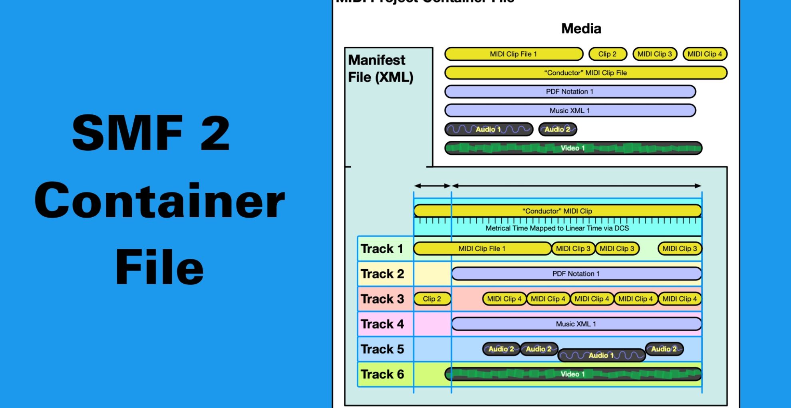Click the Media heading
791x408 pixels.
pyautogui.click(x=581, y=29)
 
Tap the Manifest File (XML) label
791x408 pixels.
pyautogui.click(x=380, y=68)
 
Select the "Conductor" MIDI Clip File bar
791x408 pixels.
pyautogui.click(x=586, y=73)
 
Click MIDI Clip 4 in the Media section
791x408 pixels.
pyautogui.click(x=705, y=54)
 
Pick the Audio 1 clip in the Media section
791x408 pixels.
pyautogui.click(x=489, y=129)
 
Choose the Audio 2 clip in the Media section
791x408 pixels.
pyautogui.click(x=557, y=129)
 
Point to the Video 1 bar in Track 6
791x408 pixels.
pyautogui.click(x=573, y=374)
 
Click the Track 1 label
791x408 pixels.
pyautogui.click(x=382, y=249)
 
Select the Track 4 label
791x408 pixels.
pyautogui.click(x=382, y=324)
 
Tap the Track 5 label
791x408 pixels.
pyautogui.click(x=382, y=349)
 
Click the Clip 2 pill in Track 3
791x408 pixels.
pyautogui.click(x=432, y=299)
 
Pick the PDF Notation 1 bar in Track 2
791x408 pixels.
pyautogui.click(x=576, y=274)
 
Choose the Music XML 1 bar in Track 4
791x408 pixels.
pyautogui.click(x=576, y=324)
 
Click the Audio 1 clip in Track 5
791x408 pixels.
pyautogui.click(x=601, y=355)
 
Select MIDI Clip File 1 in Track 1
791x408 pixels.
pyautogui.click(x=482, y=249)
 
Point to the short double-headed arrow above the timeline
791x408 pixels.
pyautogui.click(x=432, y=186)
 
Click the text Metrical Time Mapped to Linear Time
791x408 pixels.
pyautogui.click(x=557, y=228)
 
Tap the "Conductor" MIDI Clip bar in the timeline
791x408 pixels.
pyautogui.click(x=557, y=211)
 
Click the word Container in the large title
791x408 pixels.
pyautogui.click(x=159, y=200)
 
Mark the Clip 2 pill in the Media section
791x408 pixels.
pyautogui.click(x=607, y=54)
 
